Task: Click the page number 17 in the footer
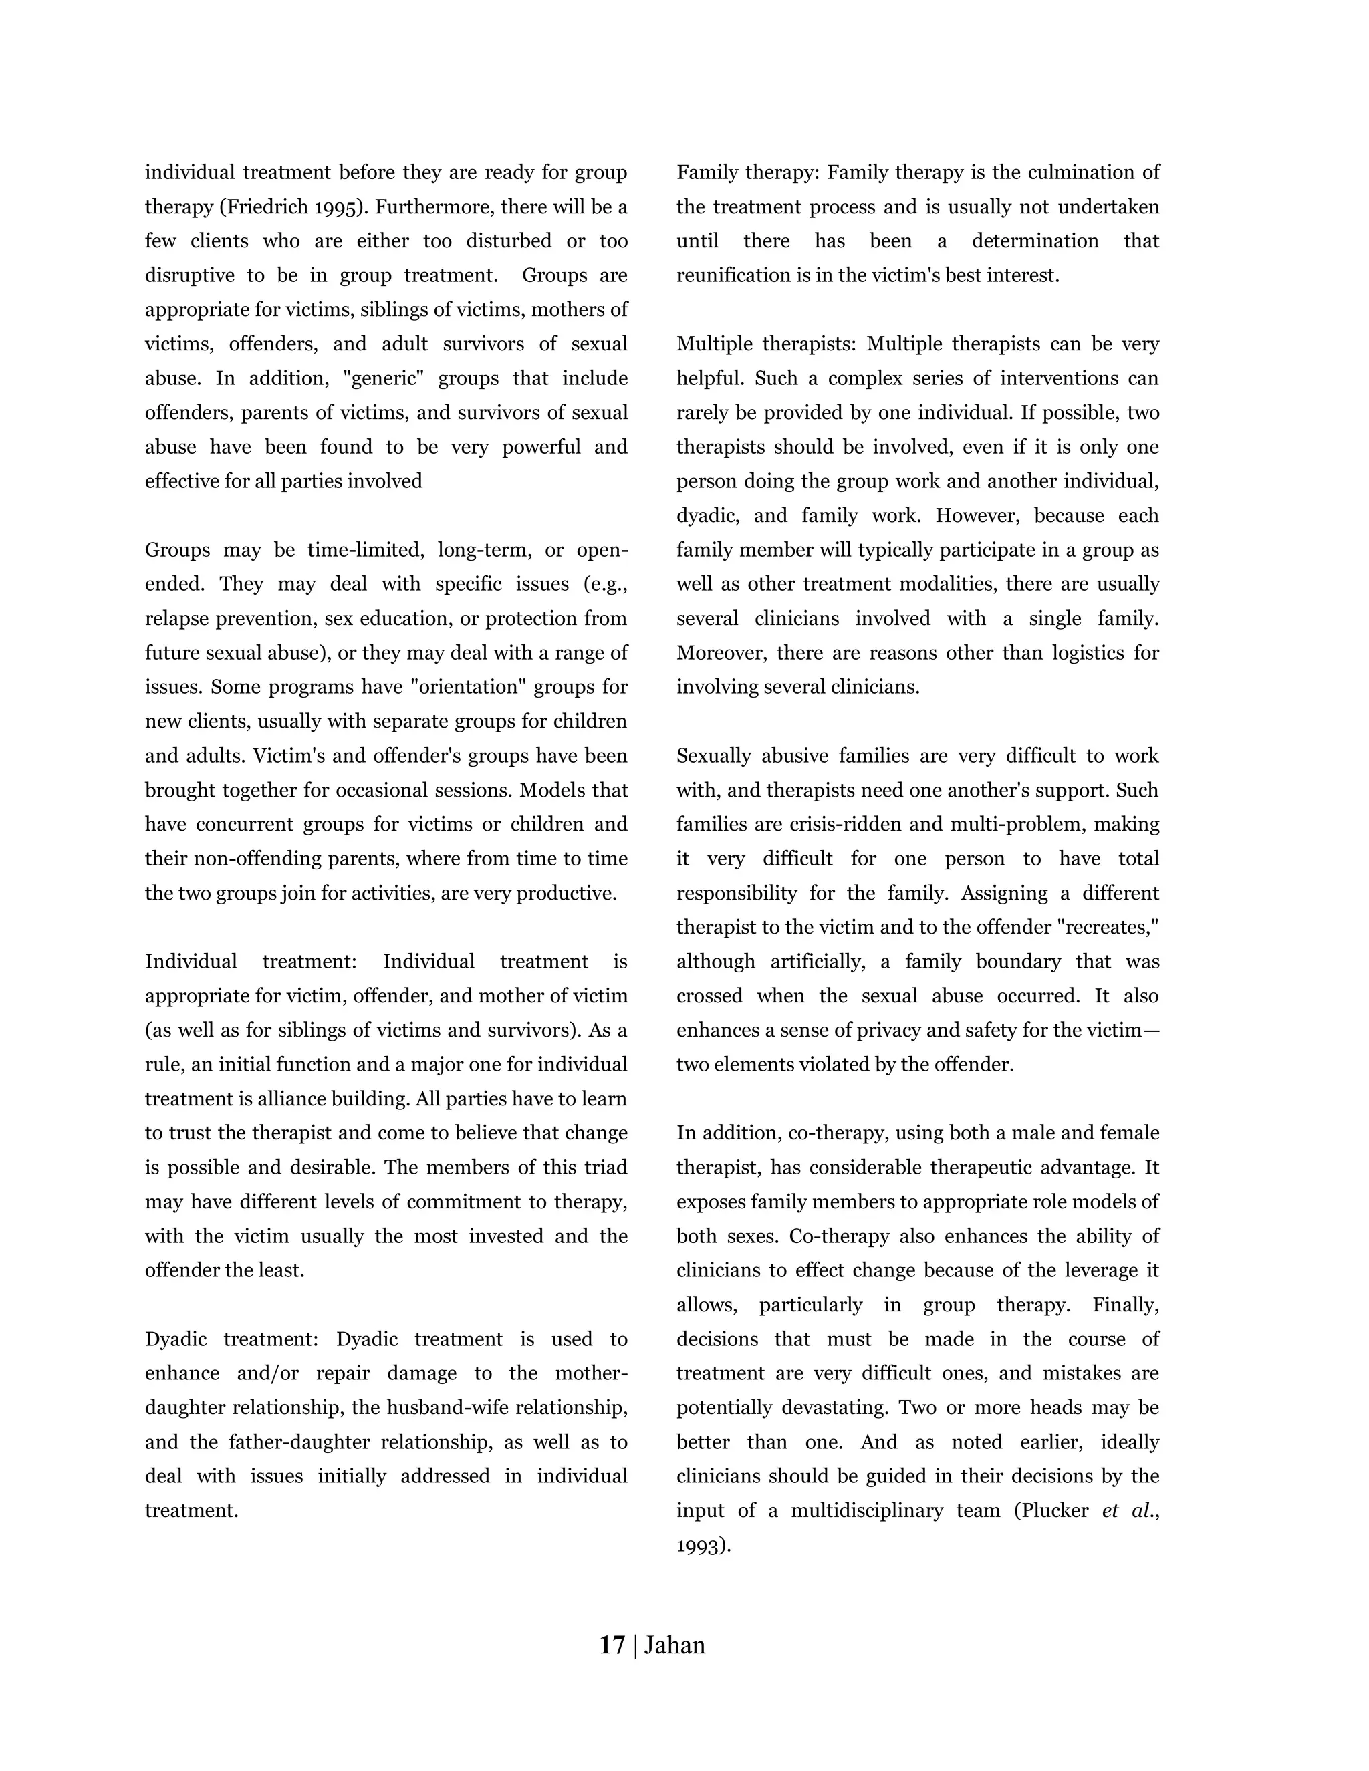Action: coord(612,1645)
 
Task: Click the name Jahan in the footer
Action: coord(674,1645)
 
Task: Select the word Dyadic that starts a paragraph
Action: coord(176,1339)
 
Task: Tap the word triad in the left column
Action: coord(605,1168)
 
